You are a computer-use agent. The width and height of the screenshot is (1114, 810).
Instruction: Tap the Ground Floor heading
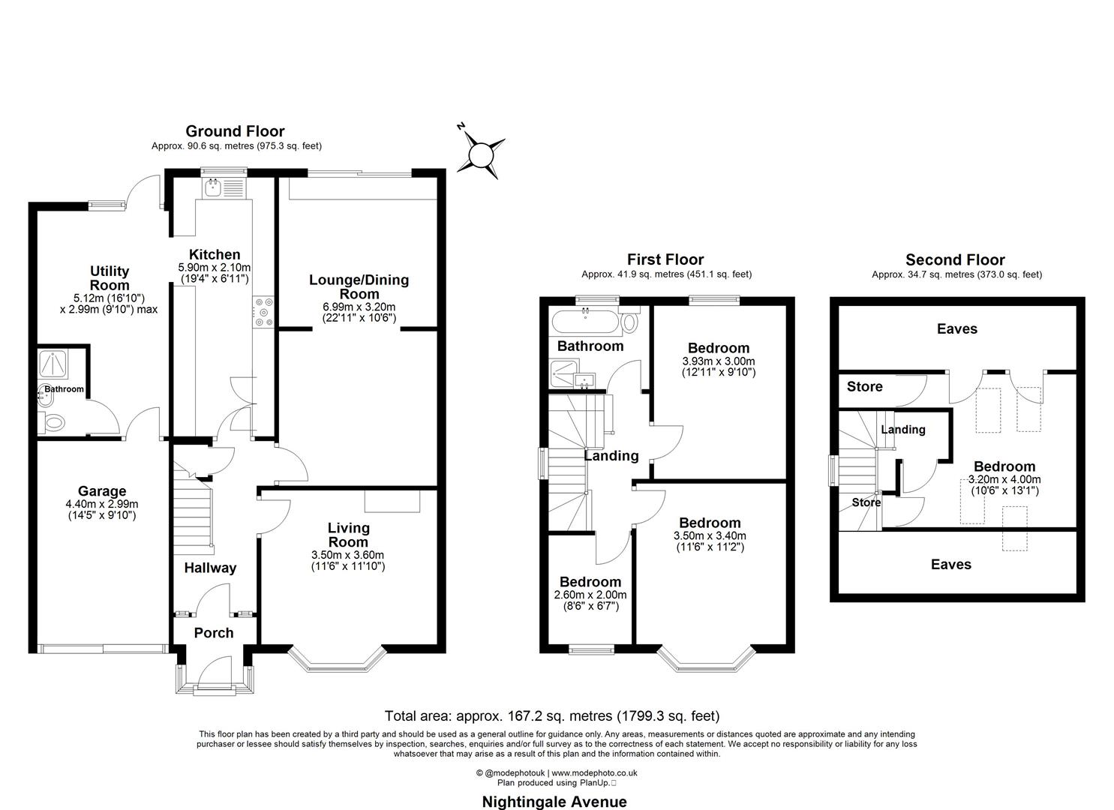[235, 132]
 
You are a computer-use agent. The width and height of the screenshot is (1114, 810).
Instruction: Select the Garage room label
[102, 492]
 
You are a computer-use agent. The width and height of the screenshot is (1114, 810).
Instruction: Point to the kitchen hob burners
[264, 312]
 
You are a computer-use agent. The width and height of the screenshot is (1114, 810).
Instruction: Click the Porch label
[214, 633]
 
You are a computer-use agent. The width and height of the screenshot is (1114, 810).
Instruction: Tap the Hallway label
[210, 568]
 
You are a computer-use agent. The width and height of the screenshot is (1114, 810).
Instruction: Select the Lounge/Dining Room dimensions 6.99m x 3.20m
[359, 307]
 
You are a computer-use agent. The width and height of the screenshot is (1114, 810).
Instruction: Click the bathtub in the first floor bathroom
[585, 322]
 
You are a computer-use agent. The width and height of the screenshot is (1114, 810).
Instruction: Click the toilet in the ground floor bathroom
[55, 424]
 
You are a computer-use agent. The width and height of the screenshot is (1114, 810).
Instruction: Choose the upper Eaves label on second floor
[957, 328]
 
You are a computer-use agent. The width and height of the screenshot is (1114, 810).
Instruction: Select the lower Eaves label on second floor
[951, 565]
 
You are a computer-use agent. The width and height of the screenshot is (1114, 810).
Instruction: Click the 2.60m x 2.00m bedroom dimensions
[590, 595]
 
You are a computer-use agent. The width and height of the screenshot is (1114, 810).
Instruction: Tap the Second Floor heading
[955, 260]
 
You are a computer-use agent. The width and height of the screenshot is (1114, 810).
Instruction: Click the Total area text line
[551, 715]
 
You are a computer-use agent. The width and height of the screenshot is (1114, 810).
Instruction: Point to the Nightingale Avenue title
[554, 801]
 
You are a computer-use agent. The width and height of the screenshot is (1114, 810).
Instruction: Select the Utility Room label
[110, 278]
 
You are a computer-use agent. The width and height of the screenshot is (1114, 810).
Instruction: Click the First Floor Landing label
[611, 456]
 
